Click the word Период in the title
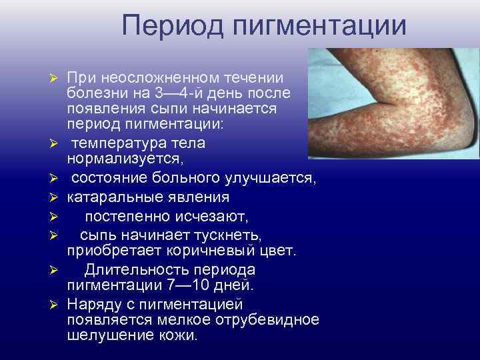(x=171, y=26)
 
